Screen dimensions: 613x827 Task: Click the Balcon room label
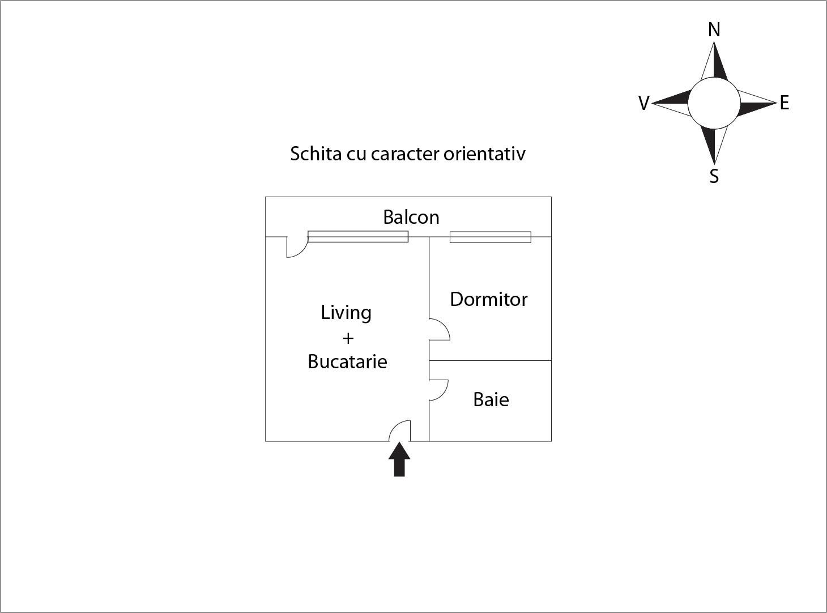411,217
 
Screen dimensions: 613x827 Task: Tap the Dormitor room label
488,299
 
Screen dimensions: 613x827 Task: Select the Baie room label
491,399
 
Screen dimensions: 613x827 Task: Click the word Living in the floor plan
346,313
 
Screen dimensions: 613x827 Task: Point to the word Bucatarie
347,361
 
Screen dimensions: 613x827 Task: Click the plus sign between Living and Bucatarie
348,338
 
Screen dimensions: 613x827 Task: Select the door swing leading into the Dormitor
440,329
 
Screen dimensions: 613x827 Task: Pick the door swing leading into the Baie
438,390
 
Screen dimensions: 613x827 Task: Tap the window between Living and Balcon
357,237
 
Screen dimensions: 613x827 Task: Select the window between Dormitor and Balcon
490,237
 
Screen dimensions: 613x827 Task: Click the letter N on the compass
714,29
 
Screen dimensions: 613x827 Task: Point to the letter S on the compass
714,177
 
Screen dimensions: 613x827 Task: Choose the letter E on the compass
784,103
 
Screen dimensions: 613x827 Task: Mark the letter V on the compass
643,103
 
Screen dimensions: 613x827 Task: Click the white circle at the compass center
714,103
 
